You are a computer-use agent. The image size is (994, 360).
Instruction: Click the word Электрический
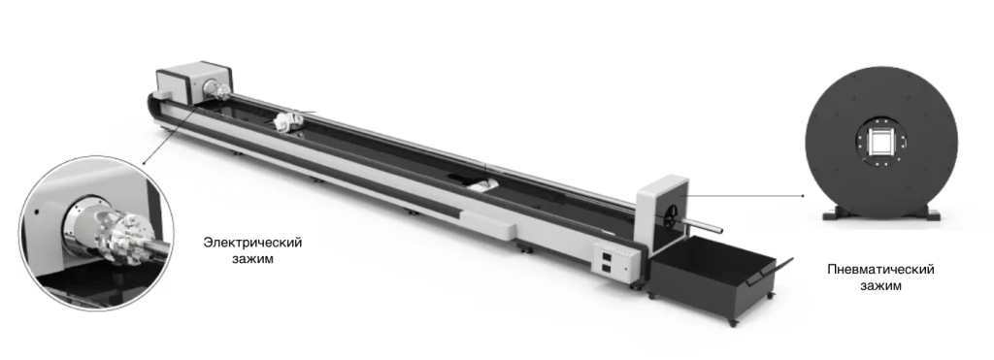(x=252, y=243)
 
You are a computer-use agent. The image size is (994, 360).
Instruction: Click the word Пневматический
(x=880, y=270)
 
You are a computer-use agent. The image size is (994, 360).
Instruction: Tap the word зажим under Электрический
(x=252, y=258)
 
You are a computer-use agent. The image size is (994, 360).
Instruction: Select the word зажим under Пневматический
(x=880, y=285)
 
